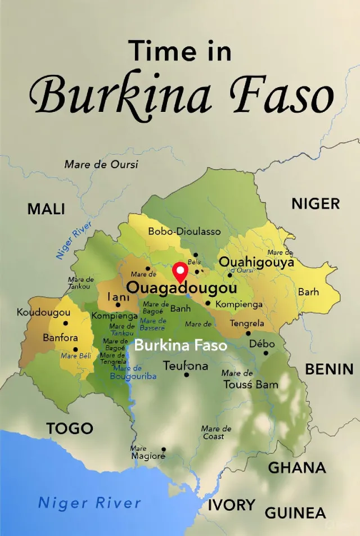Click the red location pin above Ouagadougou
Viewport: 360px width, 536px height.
point(180,272)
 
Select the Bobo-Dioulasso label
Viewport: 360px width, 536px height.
point(184,231)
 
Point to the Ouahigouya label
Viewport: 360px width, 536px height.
point(256,262)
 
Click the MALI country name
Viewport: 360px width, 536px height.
point(46,210)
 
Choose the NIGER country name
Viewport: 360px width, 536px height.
point(316,204)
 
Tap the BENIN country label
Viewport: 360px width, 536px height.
point(329,370)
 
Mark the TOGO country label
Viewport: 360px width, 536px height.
point(70,429)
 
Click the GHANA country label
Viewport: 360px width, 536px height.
point(297,467)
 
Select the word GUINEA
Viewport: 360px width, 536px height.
point(295,513)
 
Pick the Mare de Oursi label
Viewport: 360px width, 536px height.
point(101,165)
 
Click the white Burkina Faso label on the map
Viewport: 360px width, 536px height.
point(181,345)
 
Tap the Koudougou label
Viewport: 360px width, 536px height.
point(44,312)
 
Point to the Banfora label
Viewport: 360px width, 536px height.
point(60,338)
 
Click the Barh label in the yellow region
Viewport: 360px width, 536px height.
point(308,292)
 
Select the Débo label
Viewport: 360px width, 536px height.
point(262,344)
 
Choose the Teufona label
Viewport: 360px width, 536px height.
point(186,366)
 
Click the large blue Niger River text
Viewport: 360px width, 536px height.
point(89,502)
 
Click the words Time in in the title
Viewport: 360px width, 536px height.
point(180,51)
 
